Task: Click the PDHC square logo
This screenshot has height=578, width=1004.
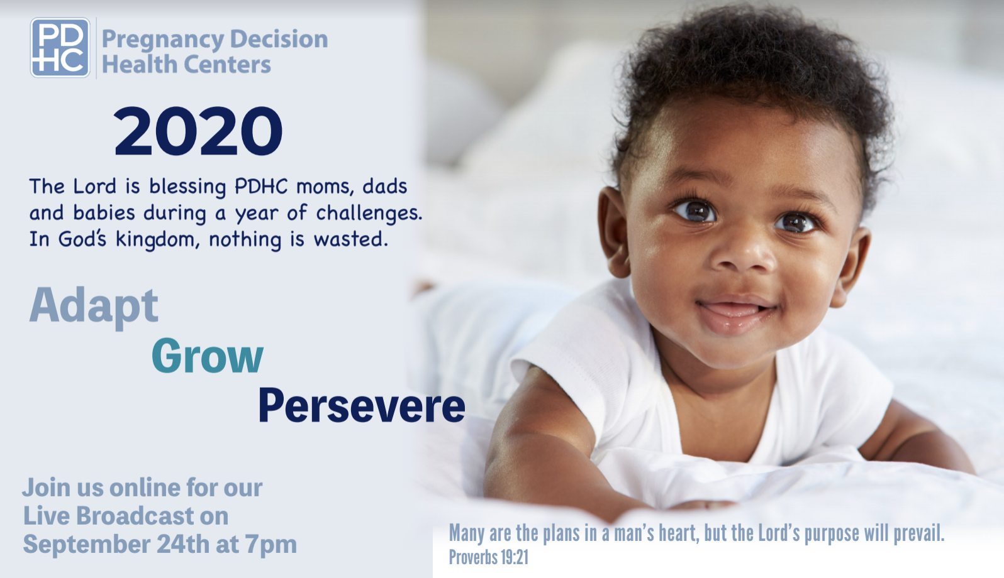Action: (x=60, y=48)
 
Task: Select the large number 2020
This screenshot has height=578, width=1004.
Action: (x=198, y=131)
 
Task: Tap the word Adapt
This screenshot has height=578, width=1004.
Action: (x=94, y=306)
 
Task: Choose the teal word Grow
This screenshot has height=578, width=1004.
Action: (x=207, y=356)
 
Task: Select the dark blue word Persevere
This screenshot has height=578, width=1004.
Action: (x=362, y=406)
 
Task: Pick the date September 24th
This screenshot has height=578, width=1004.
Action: (x=116, y=545)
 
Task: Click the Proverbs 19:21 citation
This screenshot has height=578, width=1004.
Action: (x=489, y=558)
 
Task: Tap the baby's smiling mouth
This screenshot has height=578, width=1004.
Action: (x=735, y=314)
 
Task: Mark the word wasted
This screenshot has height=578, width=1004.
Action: (x=350, y=239)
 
